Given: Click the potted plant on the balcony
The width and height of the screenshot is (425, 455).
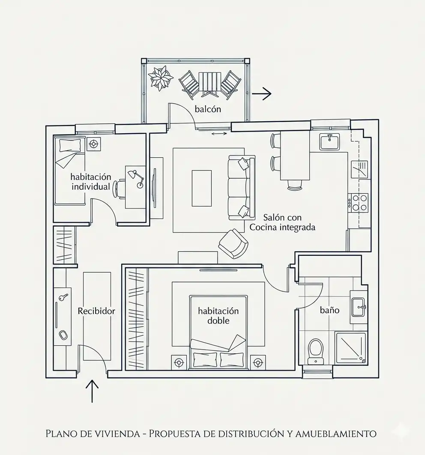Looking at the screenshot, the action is pyautogui.click(x=160, y=78).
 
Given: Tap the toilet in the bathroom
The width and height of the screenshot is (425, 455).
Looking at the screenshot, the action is pyautogui.click(x=316, y=351).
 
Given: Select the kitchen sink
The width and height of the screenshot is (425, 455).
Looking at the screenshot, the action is pyautogui.click(x=329, y=142).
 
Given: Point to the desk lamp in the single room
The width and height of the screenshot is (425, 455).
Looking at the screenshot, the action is pyautogui.click(x=136, y=178).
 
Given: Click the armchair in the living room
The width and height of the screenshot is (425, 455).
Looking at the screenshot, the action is pyautogui.click(x=233, y=244).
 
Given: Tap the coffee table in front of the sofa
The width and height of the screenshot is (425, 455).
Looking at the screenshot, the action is pyautogui.click(x=202, y=189).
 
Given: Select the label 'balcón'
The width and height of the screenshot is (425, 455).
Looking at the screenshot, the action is pyautogui.click(x=208, y=109).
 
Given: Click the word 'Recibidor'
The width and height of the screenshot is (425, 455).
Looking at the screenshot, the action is pyautogui.click(x=96, y=311).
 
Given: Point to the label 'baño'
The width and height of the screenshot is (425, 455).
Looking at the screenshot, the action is pyautogui.click(x=329, y=310).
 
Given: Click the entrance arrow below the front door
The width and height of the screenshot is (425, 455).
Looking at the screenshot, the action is pyautogui.click(x=92, y=391).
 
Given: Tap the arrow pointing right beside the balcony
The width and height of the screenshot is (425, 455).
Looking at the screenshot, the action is pyautogui.click(x=261, y=93).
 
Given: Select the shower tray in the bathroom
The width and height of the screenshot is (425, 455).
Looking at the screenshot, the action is pyautogui.click(x=351, y=348).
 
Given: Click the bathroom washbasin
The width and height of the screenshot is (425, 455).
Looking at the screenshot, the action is pyautogui.click(x=359, y=307).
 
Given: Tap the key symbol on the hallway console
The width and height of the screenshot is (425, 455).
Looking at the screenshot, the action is pyautogui.click(x=63, y=297).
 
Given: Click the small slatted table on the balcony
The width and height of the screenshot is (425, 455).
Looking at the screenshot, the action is pyautogui.click(x=210, y=84).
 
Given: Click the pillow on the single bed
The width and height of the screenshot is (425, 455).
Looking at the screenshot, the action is pyautogui.click(x=70, y=146).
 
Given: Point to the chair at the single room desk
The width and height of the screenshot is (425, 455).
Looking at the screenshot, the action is pyautogui.click(x=120, y=189).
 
